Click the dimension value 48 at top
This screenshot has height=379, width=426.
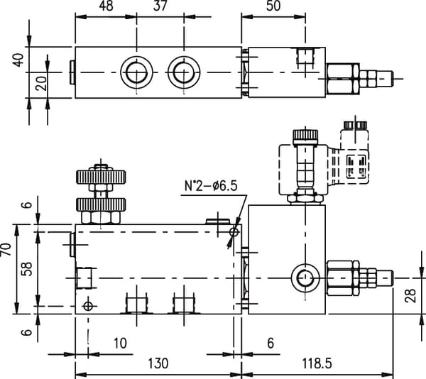(106, 6)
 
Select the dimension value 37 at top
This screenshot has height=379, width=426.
(160, 6)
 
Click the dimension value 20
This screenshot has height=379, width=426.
(41, 84)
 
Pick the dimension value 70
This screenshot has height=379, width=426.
(7, 250)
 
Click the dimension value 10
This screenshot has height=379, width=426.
(121, 344)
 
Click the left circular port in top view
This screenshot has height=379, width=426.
(134, 72)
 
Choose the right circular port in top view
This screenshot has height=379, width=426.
(181, 72)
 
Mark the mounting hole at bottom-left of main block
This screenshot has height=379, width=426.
(88, 305)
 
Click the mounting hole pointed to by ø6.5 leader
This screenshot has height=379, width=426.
(234, 231)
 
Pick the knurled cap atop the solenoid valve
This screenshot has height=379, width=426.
(305, 134)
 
